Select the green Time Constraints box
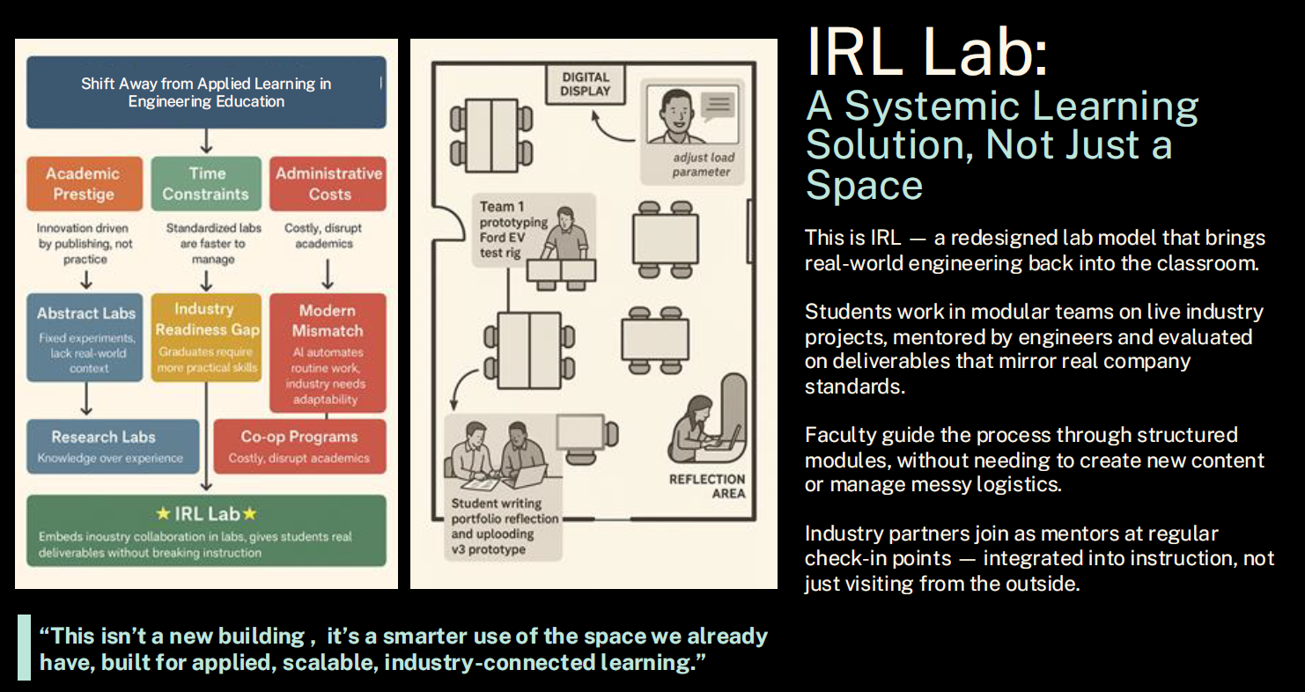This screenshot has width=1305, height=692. (x=206, y=183)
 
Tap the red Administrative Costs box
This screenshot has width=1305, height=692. (x=328, y=183)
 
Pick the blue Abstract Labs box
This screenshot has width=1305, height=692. (x=85, y=337)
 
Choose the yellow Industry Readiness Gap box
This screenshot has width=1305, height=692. (x=206, y=337)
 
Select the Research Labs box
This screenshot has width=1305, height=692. (x=112, y=445)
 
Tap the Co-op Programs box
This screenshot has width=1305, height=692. (x=299, y=445)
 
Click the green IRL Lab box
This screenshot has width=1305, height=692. (x=206, y=529)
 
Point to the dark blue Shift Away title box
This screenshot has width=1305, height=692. (x=206, y=92)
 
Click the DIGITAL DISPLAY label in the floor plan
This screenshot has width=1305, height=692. (x=586, y=84)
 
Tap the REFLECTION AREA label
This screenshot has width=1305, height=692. (x=706, y=486)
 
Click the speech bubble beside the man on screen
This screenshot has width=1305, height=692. (x=718, y=107)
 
